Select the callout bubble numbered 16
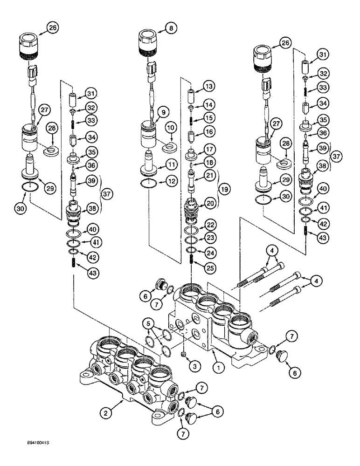(209, 132)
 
